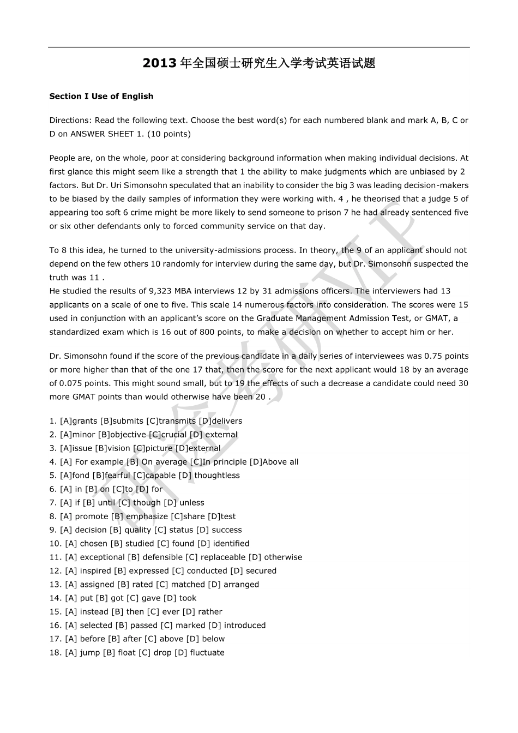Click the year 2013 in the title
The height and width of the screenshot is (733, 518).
pyautogui.click(x=160, y=63)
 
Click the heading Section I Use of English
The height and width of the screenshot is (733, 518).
pyautogui.click(x=101, y=97)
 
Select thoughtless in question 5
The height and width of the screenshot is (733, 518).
pyautogui.click(x=217, y=476)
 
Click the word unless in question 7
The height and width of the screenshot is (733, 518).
pyautogui.click(x=192, y=503)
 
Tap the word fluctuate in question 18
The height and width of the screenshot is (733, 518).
pyautogui.click(x=207, y=653)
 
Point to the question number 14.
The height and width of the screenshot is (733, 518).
pyautogui.click(x=55, y=598)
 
